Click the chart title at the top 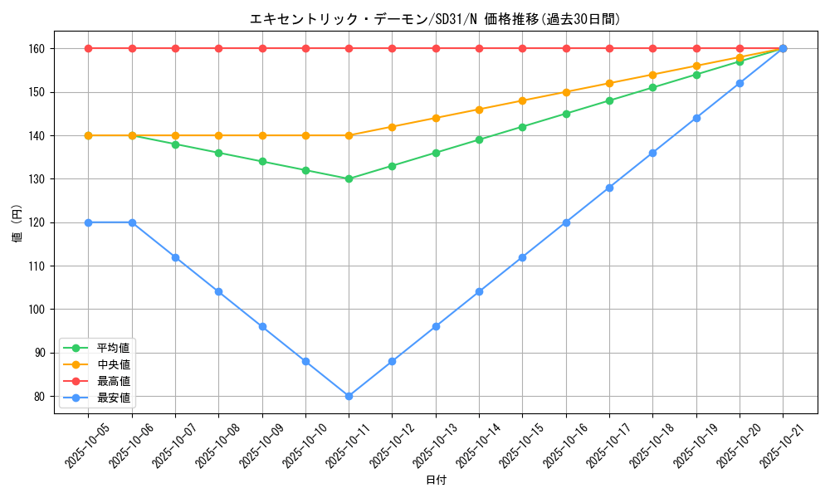point(435,19)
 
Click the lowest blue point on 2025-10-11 point(349,396)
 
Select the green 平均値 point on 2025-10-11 point(349,178)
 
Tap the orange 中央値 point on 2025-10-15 point(522,100)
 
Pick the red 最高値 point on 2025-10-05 point(89,48)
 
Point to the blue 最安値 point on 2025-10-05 point(89,222)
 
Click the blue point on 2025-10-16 point(566,222)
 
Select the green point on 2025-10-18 point(652,87)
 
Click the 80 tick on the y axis point(39,397)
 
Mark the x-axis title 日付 point(436,481)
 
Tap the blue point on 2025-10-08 point(219,291)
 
